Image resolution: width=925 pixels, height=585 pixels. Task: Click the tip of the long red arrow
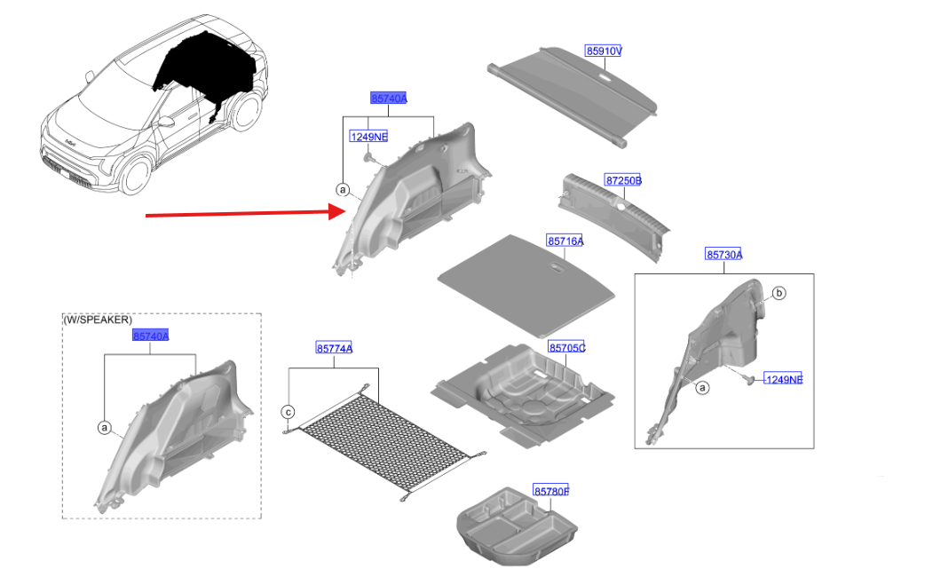[346, 211]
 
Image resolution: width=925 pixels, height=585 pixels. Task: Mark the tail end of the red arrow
[146, 216]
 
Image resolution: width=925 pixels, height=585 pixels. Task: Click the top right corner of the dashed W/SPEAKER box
[261, 313]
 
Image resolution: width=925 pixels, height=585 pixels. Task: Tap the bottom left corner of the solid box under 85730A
[635, 448]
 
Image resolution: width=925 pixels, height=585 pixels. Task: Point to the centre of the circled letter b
[779, 293]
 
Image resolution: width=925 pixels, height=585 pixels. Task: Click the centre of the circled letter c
[288, 412]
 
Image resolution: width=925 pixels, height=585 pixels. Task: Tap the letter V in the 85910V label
[618, 51]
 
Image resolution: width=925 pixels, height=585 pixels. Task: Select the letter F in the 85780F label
[565, 491]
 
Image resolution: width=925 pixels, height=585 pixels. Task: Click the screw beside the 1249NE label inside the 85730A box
[750, 380]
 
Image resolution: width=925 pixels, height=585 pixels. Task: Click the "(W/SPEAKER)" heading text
[98, 320]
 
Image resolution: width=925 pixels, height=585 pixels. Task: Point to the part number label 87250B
[623, 180]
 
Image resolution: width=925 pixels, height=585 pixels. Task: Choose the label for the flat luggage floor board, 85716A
[565, 241]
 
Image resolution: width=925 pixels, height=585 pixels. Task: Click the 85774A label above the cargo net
[334, 349]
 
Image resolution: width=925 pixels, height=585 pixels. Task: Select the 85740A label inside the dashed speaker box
[150, 336]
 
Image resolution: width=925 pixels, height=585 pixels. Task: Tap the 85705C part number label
[566, 348]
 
